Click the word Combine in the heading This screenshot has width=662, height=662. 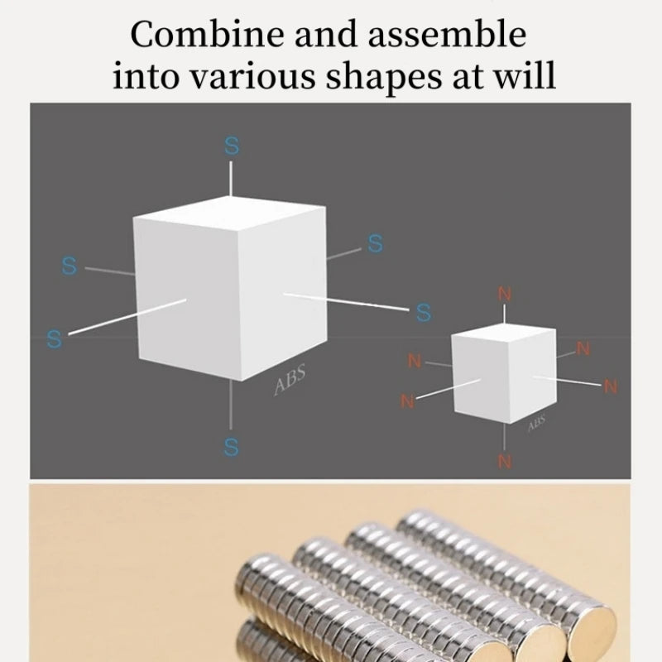[x=198, y=36]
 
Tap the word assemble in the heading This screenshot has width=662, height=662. [x=446, y=36]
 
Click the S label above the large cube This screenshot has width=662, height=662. [x=232, y=146]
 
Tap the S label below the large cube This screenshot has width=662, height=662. [x=231, y=447]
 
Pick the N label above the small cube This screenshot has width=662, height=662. [x=505, y=294]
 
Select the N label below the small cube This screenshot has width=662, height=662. [x=505, y=461]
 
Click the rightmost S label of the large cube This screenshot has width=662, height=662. [x=424, y=313]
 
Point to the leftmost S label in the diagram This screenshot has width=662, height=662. [x=55, y=338]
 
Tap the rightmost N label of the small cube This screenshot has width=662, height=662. [x=611, y=386]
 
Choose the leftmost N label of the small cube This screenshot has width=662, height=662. [x=407, y=401]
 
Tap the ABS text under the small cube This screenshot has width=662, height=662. [x=536, y=424]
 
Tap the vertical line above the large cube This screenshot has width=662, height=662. [x=231, y=178]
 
